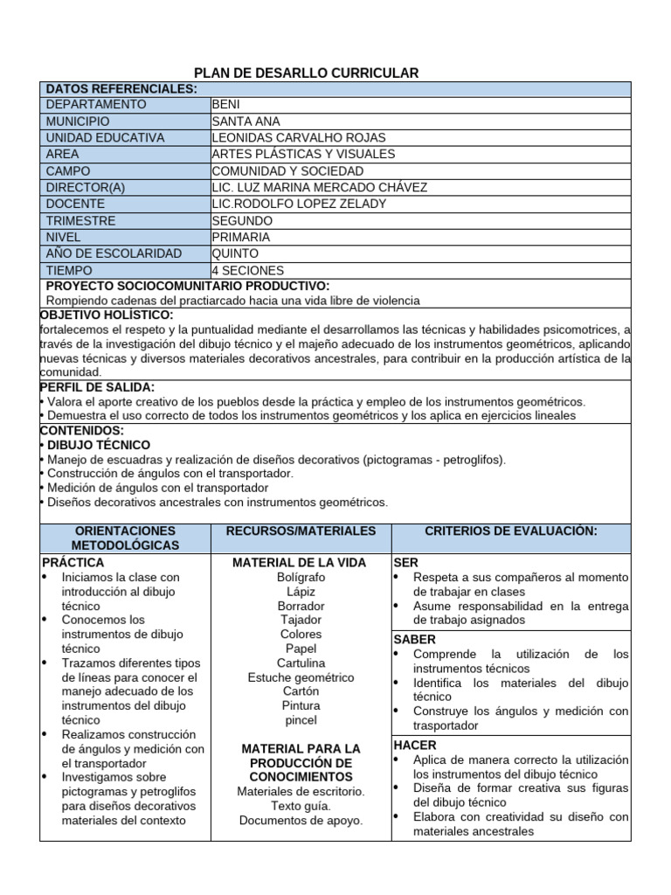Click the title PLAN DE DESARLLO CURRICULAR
[306, 73]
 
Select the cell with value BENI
[226, 105]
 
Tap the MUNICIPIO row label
[78, 121]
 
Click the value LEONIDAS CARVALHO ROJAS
[299, 138]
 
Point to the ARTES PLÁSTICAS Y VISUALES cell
[303, 155]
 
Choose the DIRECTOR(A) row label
[86, 188]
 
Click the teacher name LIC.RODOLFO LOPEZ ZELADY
[299, 205]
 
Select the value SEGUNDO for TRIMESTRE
[242, 221]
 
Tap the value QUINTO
[235, 254]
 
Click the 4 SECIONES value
[248, 271]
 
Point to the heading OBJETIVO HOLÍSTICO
[107, 315]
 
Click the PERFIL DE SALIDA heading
[98, 387]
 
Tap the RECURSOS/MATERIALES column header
[301, 531]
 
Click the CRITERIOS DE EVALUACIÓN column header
[510, 531]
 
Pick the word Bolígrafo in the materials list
[301, 578]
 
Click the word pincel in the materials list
[301, 720]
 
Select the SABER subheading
[415, 640]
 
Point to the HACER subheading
[415, 746]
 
